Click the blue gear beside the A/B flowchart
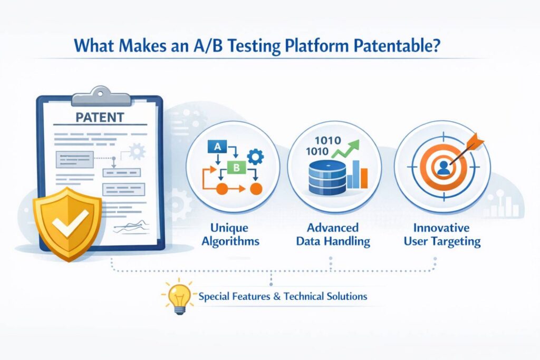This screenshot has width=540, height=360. tap(255, 157)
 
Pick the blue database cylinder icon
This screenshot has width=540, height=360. tap(323, 176)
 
